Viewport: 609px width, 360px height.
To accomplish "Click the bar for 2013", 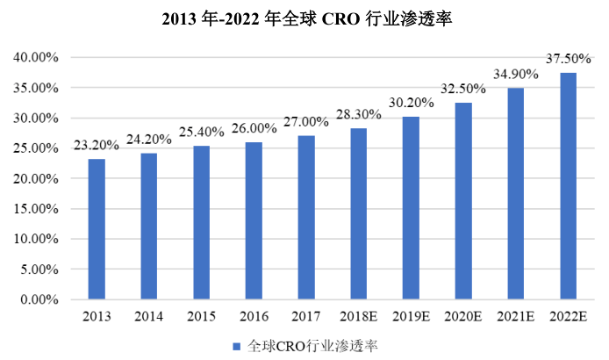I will [97, 229].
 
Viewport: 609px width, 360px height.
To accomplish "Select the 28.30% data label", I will [359, 116].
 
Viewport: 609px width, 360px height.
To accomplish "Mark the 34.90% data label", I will [516, 76].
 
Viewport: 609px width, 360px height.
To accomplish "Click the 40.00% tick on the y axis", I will [34, 58].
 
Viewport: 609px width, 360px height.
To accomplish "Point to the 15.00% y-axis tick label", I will [34, 209].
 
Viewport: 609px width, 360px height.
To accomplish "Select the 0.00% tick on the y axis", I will [38, 299].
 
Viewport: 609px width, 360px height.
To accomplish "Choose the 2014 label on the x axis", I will [149, 316].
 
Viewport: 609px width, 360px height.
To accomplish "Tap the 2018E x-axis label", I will [358, 316].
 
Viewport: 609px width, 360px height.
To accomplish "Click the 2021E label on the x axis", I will [516, 316].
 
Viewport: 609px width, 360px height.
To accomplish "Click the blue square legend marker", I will [237, 347].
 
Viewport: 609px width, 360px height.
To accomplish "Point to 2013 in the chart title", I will [181, 20].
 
